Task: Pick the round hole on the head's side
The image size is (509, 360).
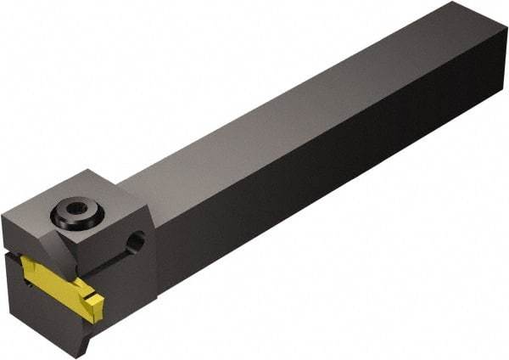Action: tap(135, 245)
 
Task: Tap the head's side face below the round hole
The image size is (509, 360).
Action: tap(136, 289)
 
